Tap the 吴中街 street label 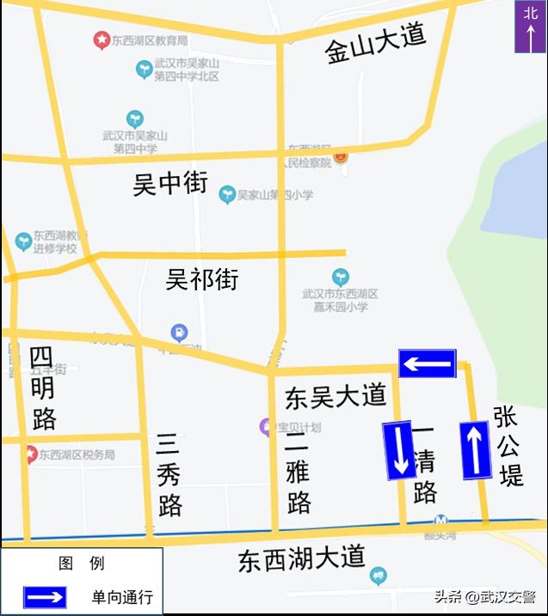point(170,182)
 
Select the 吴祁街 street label point(202,279)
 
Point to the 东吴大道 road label point(336,396)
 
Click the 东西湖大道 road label point(302,559)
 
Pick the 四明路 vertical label point(42,387)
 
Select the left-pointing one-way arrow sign point(427,363)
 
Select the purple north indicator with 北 point(530,27)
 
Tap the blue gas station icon point(179,332)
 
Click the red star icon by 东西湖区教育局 point(102,40)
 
